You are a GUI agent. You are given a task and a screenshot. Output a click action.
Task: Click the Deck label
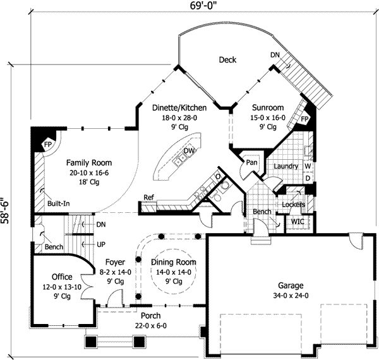pos(227,60)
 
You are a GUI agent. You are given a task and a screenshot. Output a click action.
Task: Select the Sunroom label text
pos(268,107)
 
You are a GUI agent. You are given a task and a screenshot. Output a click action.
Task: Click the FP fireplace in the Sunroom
pos(304,119)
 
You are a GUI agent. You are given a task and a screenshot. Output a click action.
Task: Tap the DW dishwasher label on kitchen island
pos(188,151)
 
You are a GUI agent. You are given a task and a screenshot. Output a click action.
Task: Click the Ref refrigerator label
pos(149,197)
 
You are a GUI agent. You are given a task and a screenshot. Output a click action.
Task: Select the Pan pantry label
pos(251,162)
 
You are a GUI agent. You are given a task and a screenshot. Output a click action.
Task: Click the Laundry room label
pos(286,166)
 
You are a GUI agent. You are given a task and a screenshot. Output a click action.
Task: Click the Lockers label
pos(294,205)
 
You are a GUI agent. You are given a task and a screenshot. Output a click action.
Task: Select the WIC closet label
pos(297,222)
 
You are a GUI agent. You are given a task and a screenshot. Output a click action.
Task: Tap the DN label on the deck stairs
pos(274,56)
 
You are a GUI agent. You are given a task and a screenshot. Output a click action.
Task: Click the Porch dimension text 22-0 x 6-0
pos(150,326)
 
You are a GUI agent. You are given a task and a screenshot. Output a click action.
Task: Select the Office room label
pos(62,277)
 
